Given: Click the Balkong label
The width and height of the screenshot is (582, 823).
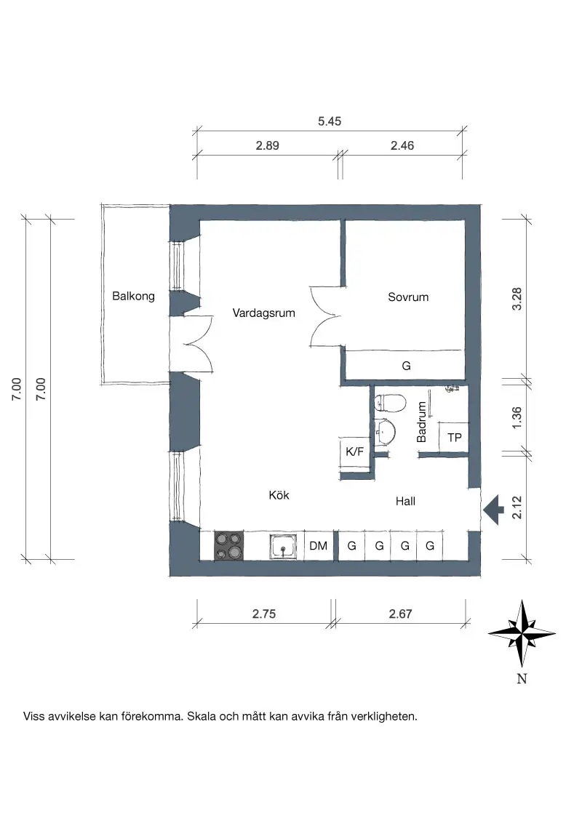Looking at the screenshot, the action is [x=133, y=296].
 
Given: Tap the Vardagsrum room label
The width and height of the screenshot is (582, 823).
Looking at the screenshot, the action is [x=263, y=313].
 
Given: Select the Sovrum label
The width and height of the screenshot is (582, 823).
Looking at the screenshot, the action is [x=408, y=297].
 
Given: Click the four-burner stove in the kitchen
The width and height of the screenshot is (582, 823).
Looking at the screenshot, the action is [x=228, y=545].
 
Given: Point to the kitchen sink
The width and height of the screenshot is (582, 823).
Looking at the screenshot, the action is [x=283, y=547].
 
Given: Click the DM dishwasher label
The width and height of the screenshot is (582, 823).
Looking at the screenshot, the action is [x=319, y=546].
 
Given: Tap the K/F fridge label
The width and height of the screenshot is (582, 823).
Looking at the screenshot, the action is [x=354, y=451].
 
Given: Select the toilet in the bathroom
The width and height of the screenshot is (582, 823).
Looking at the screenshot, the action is [x=390, y=403].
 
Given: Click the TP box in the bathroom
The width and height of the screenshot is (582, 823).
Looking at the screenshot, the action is [x=453, y=437].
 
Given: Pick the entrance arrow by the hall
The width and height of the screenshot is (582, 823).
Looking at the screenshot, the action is [x=493, y=510].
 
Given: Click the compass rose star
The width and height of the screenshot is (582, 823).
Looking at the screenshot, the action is [x=522, y=633].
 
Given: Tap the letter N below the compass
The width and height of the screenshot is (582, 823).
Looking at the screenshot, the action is [x=522, y=678].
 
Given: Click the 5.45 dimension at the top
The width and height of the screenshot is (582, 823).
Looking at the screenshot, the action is [x=330, y=121].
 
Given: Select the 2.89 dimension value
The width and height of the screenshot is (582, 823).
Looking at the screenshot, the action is [x=268, y=145].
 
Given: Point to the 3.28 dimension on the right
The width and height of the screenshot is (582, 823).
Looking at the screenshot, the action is [x=517, y=299].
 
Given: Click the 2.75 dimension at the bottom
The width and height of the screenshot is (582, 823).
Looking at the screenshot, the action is [x=263, y=614].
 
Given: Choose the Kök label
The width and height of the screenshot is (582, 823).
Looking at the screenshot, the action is [x=279, y=495].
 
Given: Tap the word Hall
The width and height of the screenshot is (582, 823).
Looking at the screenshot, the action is [x=405, y=501].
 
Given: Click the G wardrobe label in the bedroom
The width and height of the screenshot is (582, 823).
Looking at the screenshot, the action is [x=406, y=366].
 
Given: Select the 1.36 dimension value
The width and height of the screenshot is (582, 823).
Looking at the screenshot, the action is [x=517, y=418].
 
